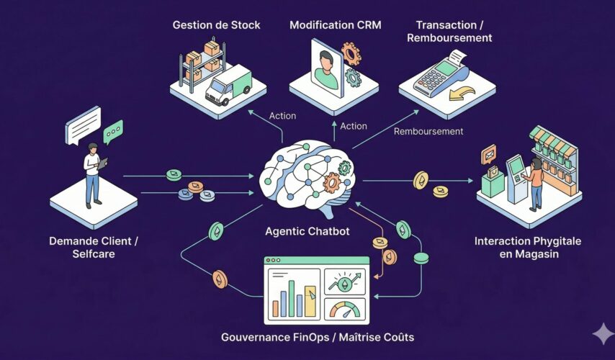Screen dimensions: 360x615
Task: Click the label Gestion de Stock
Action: pyautogui.click(x=216, y=25)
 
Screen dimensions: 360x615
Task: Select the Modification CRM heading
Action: pyautogui.click(x=335, y=25)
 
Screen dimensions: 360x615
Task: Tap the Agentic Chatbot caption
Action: pyautogui.click(x=307, y=232)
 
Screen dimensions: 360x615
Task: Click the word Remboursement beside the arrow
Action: pyautogui.click(x=428, y=132)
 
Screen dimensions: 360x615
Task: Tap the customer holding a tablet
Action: pyautogui.click(x=93, y=173)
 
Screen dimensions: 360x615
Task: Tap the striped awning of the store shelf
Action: pyautogui.click(x=555, y=140)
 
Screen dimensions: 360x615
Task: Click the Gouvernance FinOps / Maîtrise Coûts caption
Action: pyautogui.click(x=307, y=337)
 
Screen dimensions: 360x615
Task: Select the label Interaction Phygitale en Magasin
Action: pyautogui.click(x=527, y=246)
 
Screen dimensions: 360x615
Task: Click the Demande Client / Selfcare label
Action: pyautogui.click(x=94, y=246)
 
